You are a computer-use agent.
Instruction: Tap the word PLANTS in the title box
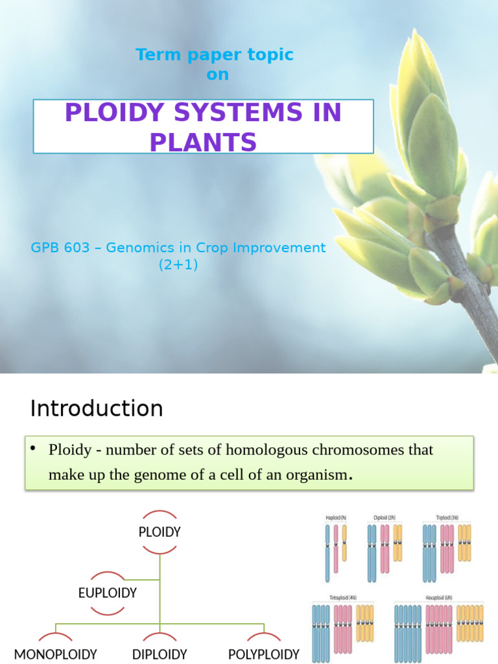203,141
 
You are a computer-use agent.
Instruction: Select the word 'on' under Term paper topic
217,75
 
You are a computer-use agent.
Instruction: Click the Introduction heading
97,409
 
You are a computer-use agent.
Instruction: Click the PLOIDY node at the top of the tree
160,532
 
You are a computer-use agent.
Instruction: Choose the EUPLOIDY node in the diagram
107,593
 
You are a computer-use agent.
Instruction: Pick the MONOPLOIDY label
56,654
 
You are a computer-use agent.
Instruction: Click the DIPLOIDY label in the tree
160,654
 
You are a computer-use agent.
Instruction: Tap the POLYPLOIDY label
264,654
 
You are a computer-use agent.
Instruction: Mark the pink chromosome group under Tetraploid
342,629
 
